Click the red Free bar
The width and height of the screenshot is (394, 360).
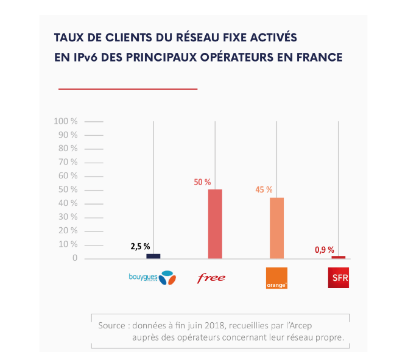(x=215, y=224)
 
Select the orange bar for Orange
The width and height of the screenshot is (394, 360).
(x=276, y=228)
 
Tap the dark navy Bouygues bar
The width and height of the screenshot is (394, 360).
(x=153, y=256)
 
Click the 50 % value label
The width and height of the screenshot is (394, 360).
(x=202, y=182)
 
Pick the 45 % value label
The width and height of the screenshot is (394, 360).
(x=264, y=189)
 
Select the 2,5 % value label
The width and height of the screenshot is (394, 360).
(x=141, y=247)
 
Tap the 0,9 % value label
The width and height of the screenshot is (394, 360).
(x=323, y=249)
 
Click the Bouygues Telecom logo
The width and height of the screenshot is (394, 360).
(x=152, y=278)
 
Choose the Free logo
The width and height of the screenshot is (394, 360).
(x=211, y=278)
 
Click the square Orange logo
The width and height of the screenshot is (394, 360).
(x=276, y=278)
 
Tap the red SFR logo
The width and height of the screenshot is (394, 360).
(x=338, y=278)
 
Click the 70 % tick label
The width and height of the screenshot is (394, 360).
(x=68, y=162)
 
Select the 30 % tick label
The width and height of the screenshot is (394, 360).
(x=68, y=217)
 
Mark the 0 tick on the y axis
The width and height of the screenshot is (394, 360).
(x=75, y=258)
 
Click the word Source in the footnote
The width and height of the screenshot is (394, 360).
(x=112, y=325)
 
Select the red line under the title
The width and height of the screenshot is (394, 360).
(x=128, y=89)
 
